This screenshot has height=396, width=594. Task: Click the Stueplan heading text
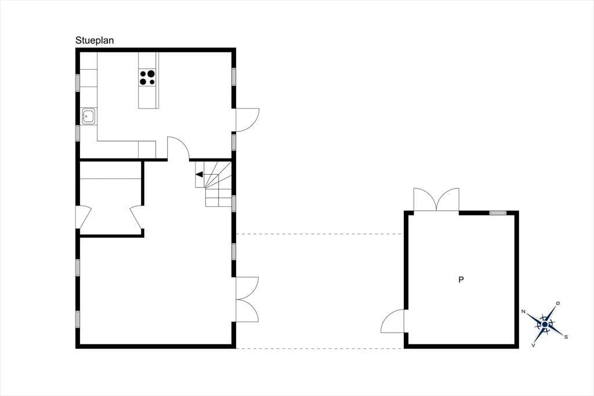point(95,40)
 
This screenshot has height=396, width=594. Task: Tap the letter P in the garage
point(461,280)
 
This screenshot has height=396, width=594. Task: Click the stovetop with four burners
point(147,77)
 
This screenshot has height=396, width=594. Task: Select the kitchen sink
point(89,116)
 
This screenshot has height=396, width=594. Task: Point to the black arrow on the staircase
point(200,174)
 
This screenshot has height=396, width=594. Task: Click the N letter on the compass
point(523,311)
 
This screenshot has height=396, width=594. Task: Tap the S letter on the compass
point(566,336)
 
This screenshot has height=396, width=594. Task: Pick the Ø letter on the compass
point(557,303)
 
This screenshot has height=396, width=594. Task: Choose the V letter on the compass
point(534,345)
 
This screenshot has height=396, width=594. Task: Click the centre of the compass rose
point(545,325)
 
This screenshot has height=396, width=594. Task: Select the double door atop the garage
point(436,200)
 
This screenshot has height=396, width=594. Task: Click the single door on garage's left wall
point(393,321)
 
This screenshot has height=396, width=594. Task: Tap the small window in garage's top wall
point(498,213)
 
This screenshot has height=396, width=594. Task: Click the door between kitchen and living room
point(178,148)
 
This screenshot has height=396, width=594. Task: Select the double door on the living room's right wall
point(247,300)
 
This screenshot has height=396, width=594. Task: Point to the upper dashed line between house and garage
point(320,234)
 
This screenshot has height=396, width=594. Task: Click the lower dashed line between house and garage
point(320,348)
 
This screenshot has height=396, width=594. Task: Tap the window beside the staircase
point(234,203)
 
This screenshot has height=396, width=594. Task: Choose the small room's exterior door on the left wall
point(84,217)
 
